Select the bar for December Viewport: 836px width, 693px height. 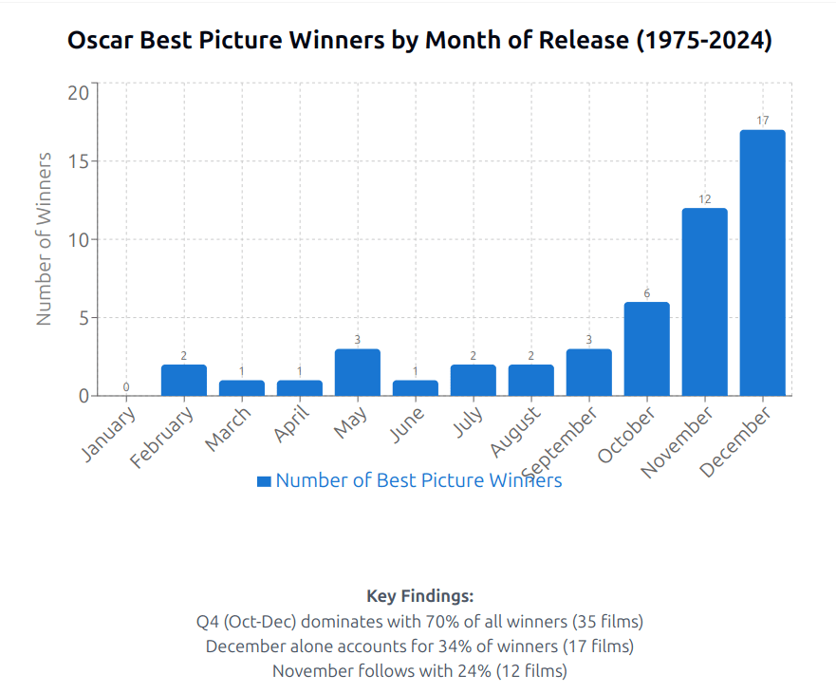point(762,263)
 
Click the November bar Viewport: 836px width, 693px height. point(704,302)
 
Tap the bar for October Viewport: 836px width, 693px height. point(646,348)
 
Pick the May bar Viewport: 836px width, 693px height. point(357,372)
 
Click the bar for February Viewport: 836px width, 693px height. point(183,380)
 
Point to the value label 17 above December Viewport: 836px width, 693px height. point(762,121)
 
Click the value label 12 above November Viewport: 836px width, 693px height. point(704,199)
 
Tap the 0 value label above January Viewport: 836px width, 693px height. point(125,387)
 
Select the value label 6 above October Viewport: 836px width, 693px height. point(646,293)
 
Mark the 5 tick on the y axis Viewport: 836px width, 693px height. point(84,317)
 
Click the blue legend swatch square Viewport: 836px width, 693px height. point(264,481)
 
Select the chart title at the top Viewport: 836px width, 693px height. point(418,41)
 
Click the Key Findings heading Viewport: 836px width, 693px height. point(419,596)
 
